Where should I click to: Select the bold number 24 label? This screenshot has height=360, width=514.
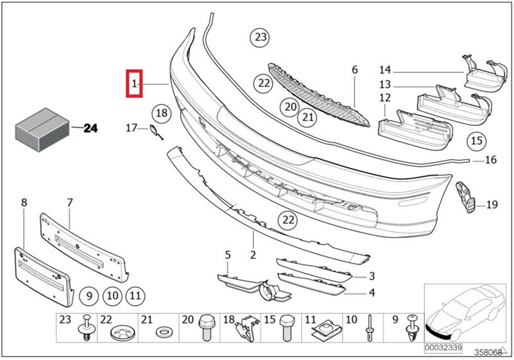tap(90, 129)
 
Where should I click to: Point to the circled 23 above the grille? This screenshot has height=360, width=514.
tap(261, 37)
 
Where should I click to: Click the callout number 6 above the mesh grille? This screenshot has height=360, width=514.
tap(354, 69)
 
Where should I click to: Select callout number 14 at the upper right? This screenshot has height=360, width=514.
tap(385, 70)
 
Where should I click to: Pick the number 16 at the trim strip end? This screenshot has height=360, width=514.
tap(491, 160)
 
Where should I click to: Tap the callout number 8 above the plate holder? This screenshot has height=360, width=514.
tap(24, 202)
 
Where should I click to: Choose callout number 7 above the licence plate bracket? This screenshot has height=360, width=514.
tap(70, 202)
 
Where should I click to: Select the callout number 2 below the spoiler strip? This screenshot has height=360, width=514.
tap(253, 255)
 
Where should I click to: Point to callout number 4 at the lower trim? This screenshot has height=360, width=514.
tap(371, 294)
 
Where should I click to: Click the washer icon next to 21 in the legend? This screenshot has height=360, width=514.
tap(164, 329)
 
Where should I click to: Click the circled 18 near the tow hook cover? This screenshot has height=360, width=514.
tap(162, 113)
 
